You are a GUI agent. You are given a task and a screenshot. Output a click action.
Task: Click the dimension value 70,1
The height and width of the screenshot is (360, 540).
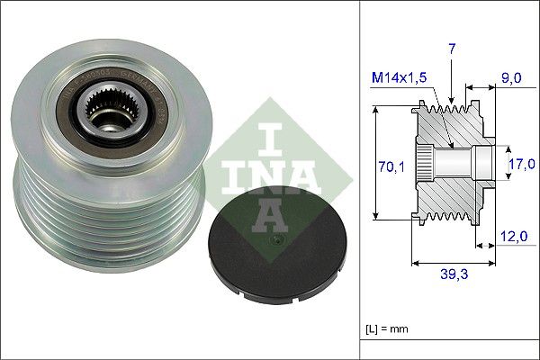[x=388, y=165]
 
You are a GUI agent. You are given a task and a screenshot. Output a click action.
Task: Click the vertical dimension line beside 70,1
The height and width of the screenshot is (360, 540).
[x=373, y=165]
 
